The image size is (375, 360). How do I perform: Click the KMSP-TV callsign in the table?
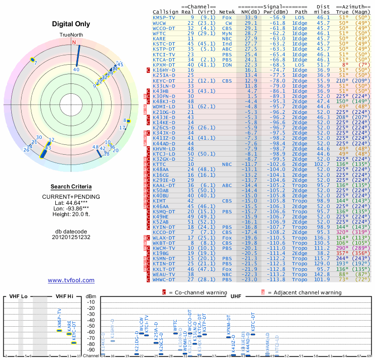[164, 17]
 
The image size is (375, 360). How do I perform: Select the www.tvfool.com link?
[71, 280]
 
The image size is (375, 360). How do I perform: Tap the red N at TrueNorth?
[74, 42]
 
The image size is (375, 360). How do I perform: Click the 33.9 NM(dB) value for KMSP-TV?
[250, 17]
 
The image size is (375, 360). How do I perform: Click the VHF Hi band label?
[64, 296]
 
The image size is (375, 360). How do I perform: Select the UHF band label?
[237, 296]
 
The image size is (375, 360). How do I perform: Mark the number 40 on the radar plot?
[76, 70]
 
